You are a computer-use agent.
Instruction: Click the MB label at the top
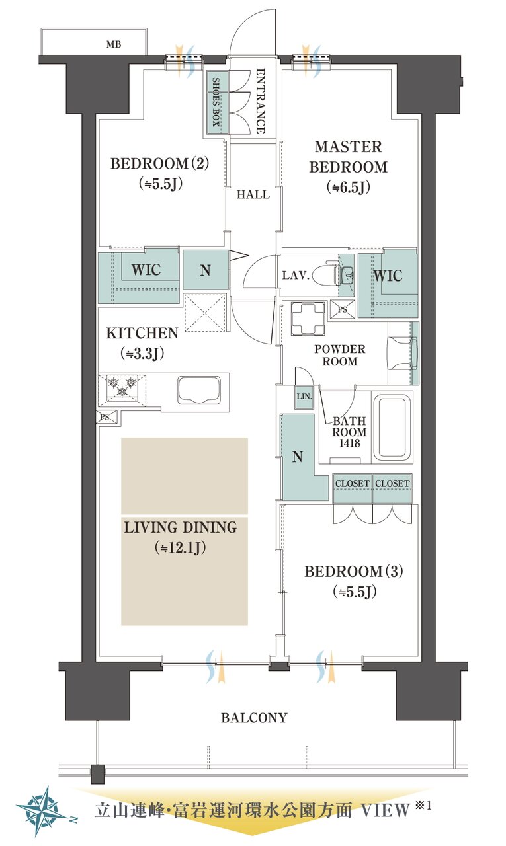coord(114,44)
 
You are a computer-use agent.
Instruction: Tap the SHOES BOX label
coord(216,102)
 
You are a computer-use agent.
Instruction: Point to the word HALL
coord(253,194)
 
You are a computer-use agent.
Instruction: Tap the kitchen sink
coord(199,390)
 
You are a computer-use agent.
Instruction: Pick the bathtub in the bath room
coord(392,428)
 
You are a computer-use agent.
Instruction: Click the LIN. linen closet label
coord(304,397)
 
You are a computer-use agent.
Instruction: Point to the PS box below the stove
coord(107,417)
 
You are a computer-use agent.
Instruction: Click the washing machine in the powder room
coord(308,319)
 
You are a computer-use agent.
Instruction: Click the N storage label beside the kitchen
coord(205,270)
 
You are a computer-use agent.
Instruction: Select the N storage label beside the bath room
coord(298,457)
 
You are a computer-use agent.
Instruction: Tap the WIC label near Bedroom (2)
coord(146,270)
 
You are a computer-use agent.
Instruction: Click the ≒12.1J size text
coord(181,548)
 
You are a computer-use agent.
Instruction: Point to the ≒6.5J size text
coord(348,187)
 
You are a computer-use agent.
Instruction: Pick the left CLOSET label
coord(352,484)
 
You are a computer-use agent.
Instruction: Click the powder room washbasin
coord(403,353)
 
